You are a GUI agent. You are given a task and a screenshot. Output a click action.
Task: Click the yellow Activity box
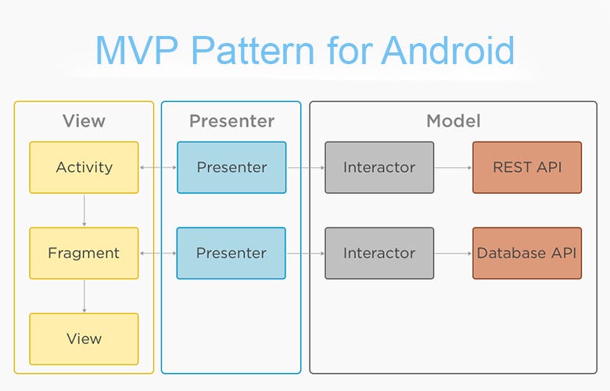84,167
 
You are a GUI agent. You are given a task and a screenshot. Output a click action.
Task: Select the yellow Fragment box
84,253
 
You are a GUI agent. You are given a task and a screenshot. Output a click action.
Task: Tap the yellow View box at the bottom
84,339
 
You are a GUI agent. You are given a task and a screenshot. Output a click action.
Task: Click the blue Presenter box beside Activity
231,167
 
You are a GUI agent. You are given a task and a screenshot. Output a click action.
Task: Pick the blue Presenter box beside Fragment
231,253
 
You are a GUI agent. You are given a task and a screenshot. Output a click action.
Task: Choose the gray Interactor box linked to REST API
379,167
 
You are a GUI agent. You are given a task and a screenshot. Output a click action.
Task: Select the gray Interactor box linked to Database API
379,253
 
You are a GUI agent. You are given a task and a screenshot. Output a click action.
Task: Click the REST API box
527,167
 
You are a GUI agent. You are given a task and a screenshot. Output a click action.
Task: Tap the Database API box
527,253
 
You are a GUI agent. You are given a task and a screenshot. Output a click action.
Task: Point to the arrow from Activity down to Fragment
84,210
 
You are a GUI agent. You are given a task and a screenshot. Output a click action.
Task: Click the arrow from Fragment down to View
84,296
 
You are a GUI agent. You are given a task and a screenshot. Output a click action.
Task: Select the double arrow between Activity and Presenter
157,167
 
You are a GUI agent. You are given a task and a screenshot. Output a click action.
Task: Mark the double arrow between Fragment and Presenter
157,253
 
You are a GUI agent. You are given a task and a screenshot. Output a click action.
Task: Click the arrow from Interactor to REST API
454,167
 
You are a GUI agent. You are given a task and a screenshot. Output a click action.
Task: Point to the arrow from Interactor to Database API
454,253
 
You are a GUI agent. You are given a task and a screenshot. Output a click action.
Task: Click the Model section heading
453,121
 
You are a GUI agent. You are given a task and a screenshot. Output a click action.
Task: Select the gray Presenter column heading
231,121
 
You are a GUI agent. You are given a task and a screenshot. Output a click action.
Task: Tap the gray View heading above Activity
84,121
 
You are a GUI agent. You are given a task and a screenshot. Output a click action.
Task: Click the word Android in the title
448,50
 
